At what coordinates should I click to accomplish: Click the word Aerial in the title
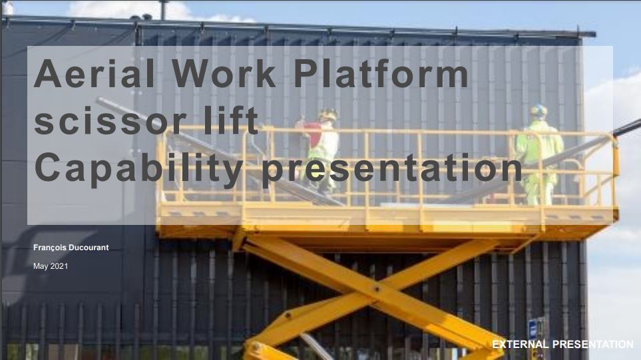[x=95, y=73]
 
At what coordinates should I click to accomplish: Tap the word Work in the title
[x=224, y=73]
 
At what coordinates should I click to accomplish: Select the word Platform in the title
[x=381, y=73]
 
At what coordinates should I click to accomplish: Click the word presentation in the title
[x=391, y=169]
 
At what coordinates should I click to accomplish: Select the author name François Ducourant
[x=71, y=248]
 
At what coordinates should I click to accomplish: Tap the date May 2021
[x=51, y=266]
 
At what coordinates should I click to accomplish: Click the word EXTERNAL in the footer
[x=520, y=345]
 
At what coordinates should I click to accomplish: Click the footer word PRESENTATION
[x=593, y=345]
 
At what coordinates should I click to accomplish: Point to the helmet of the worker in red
[x=328, y=114]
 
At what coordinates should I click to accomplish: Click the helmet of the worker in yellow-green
[x=538, y=110]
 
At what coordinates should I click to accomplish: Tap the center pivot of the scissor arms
[x=377, y=289]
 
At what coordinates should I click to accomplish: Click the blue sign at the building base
[x=533, y=329]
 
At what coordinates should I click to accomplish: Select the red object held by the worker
[x=313, y=133]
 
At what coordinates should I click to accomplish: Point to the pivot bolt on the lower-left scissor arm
[x=288, y=315]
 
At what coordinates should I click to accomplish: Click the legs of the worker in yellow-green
[x=539, y=187]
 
